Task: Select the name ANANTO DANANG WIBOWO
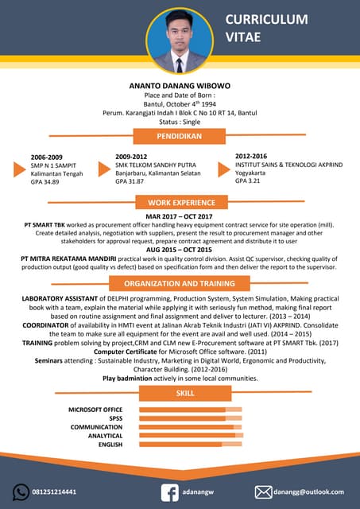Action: pyautogui.click(x=180, y=84)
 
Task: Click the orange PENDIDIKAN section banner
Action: pyautogui.click(x=180, y=136)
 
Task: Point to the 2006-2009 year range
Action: pyautogui.click(x=46, y=157)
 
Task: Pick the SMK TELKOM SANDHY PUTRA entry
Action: pyautogui.click(x=155, y=165)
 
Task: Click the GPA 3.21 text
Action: pyautogui.click(x=249, y=181)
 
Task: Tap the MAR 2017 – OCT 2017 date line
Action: pyautogui.click(x=180, y=216)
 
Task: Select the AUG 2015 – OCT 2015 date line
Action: pyautogui.click(x=180, y=250)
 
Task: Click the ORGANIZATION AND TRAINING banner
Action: pyautogui.click(x=180, y=283)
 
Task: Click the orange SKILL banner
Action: pyautogui.click(x=185, y=394)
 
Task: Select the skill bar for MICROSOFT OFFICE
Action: pyautogui.click(x=191, y=410)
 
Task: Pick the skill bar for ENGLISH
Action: pyautogui.click(x=191, y=445)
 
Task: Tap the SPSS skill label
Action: pyautogui.click(x=116, y=418)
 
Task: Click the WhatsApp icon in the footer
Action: pyautogui.click(x=21, y=492)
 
